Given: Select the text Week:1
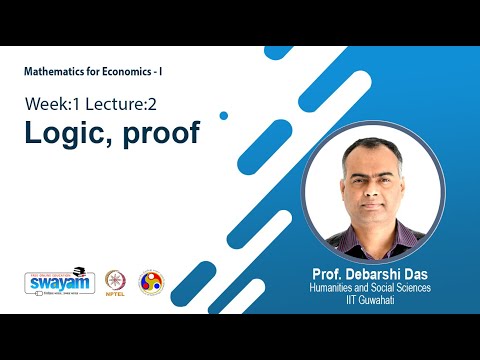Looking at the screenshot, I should pyautogui.click(x=51, y=104).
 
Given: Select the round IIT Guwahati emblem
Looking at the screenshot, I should pyautogui.click(x=150, y=283).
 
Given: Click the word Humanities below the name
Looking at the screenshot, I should pyautogui.click(x=336, y=287).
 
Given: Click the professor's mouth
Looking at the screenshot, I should pyautogui.click(x=371, y=203).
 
